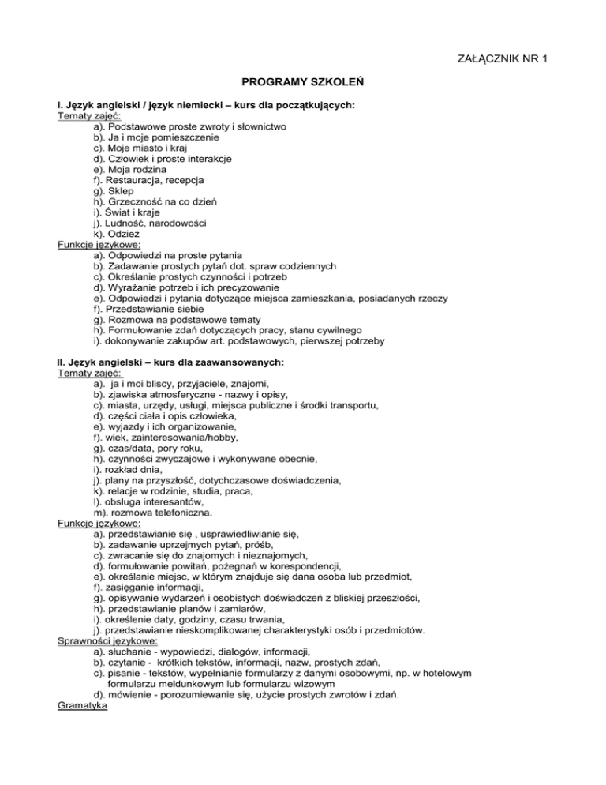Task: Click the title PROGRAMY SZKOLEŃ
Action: coord(302,81)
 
